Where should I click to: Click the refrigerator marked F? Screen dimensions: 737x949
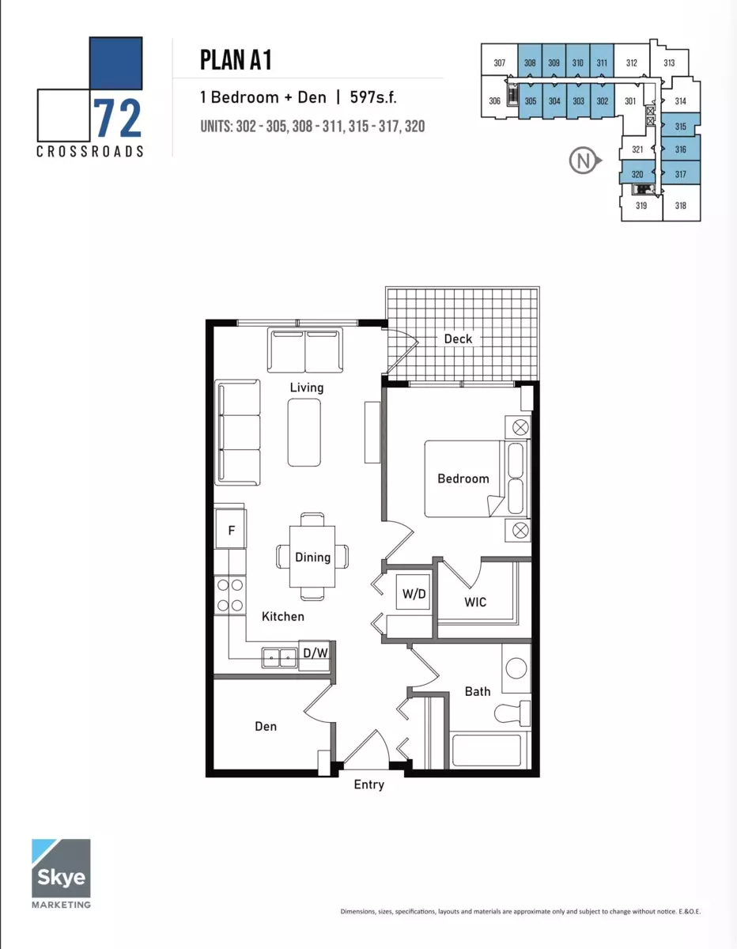pos(231,529)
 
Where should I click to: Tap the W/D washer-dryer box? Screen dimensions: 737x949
pos(414,593)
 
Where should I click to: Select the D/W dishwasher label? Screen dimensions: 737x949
pos(316,653)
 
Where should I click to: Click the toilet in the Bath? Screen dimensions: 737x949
pos(512,713)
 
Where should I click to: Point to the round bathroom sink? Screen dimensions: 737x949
pos(516,668)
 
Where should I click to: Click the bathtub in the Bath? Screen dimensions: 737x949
pos(487,751)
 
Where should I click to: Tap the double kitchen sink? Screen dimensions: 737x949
pos(279,658)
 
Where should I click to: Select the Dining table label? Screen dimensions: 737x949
pos(312,558)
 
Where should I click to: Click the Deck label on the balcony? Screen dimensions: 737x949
pos(458,339)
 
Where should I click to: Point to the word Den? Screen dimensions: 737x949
pos(266,726)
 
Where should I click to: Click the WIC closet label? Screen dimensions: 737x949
pos(475,603)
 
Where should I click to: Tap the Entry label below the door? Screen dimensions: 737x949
pos(369,785)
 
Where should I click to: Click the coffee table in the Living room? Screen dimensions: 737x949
pos(304,433)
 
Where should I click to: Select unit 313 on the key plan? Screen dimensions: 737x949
pos(669,63)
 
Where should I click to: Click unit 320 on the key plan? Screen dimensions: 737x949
pos(637,174)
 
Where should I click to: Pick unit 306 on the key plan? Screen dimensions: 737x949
pos(495,101)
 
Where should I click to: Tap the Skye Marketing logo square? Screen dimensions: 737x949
pos(61,868)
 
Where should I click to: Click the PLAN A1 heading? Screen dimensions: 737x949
pos(236,60)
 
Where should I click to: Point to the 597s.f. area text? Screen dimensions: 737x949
pos(373,97)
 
